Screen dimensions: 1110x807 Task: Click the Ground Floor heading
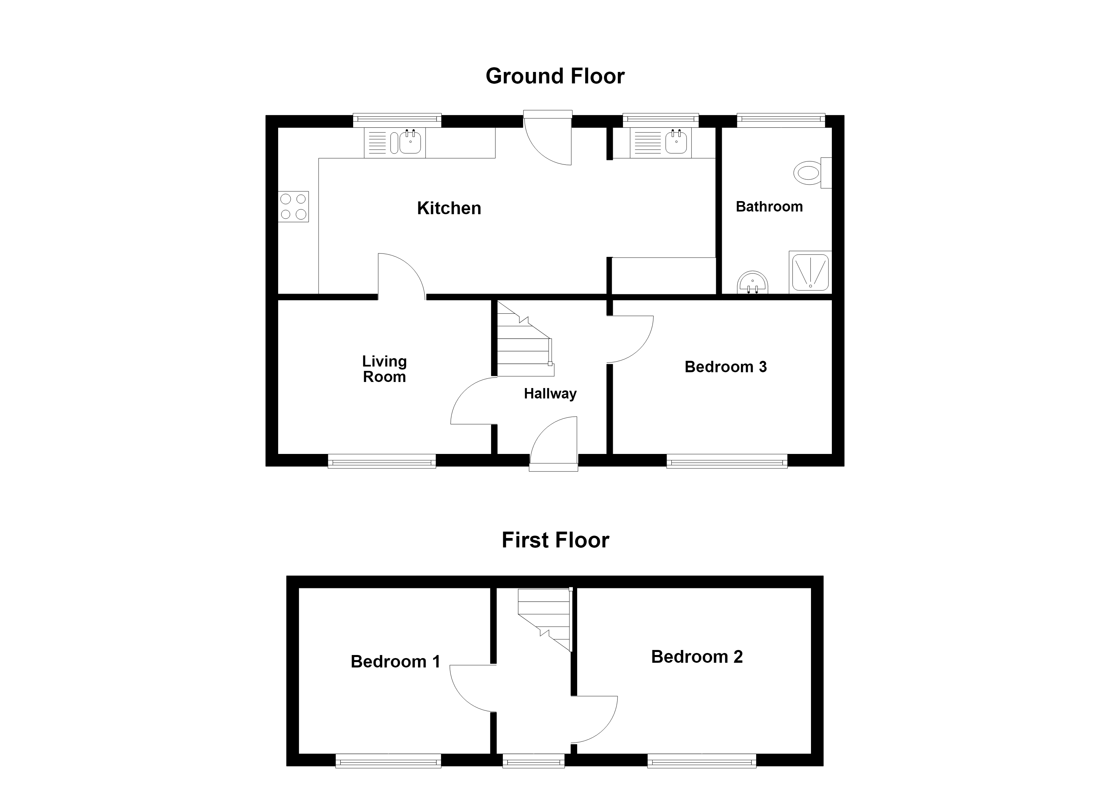pos(555,76)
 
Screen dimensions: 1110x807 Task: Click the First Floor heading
pos(555,540)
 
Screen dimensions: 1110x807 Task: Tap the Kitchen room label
pos(449,208)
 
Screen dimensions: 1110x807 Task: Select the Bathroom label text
pos(769,206)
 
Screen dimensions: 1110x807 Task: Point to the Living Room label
pos(384,369)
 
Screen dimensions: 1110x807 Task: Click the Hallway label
pos(550,393)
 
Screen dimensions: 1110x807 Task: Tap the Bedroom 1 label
pos(396,662)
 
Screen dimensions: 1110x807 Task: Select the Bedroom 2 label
pos(697,657)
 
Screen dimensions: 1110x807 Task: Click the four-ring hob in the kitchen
pos(293,206)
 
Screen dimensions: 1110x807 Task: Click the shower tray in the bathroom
pos(810,272)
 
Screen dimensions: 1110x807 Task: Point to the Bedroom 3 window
pos(727,461)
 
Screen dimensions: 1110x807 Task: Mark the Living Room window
pos(382,461)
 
